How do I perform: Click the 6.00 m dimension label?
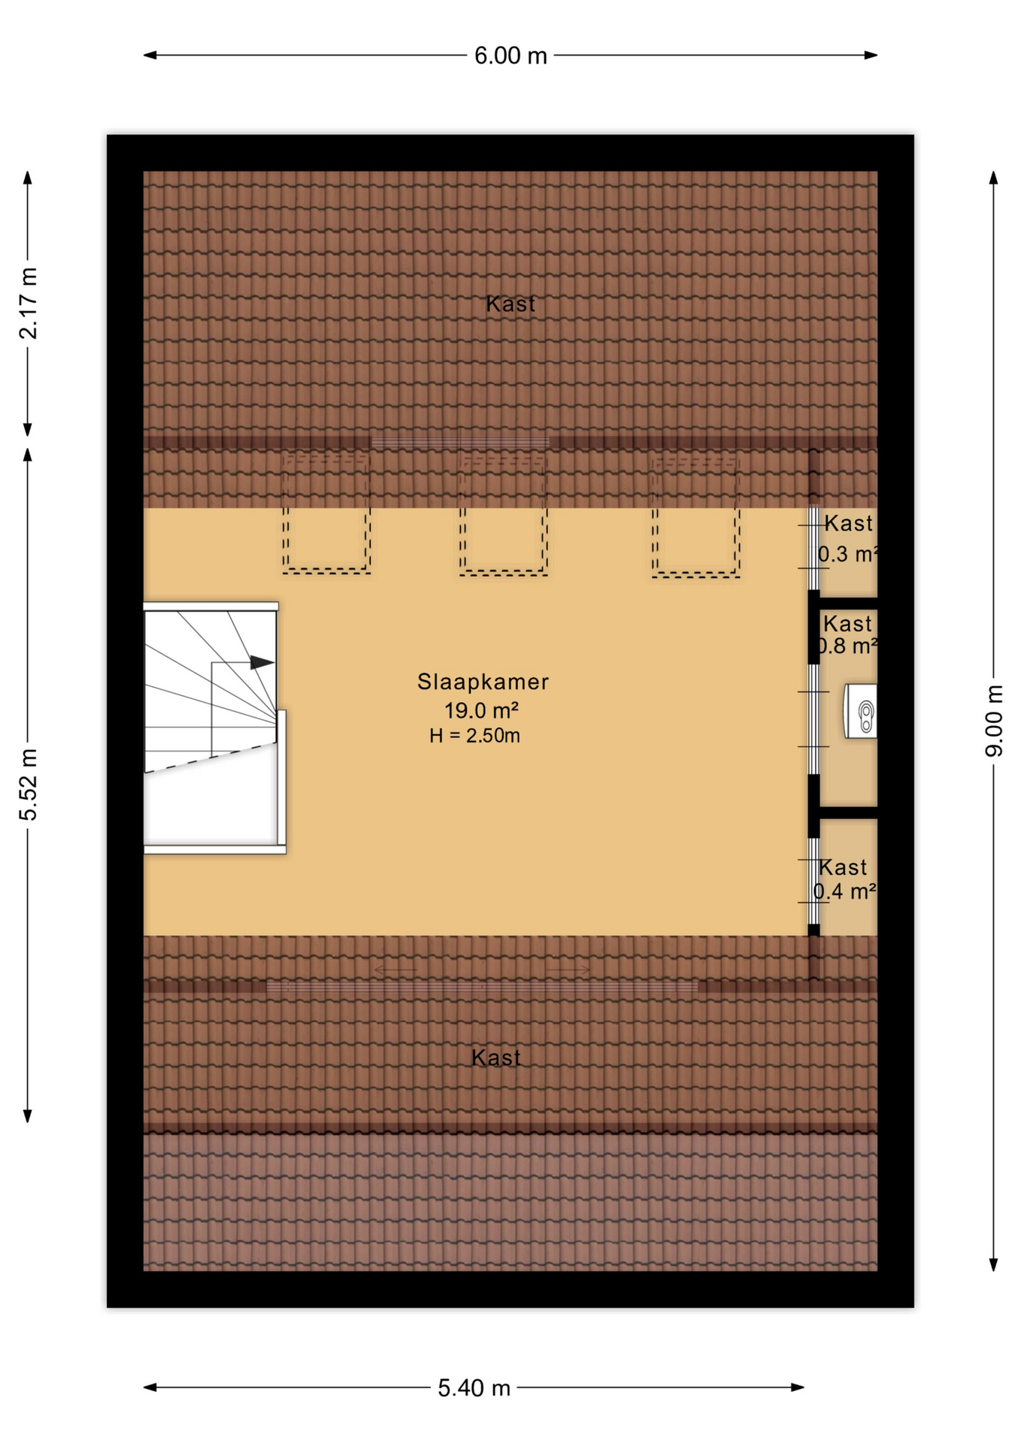[x=510, y=56]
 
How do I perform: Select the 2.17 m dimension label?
[x=29, y=303]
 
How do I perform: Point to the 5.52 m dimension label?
[x=29, y=785]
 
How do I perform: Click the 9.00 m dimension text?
[x=994, y=721]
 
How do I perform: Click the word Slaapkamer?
[x=483, y=682]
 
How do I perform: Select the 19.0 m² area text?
[x=481, y=710]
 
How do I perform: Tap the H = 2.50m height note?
[x=474, y=736]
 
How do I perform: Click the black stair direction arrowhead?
[x=261, y=662]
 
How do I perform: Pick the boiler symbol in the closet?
[x=862, y=711]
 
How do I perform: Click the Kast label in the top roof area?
[x=510, y=304]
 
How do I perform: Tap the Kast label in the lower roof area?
[x=495, y=1058]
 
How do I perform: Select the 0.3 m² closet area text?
[x=847, y=555]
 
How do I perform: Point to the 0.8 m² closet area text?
[x=847, y=646]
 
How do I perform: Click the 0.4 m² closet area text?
[x=844, y=892]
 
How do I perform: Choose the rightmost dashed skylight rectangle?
[x=695, y=516]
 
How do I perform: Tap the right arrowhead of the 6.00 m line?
[x=871, y=55]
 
